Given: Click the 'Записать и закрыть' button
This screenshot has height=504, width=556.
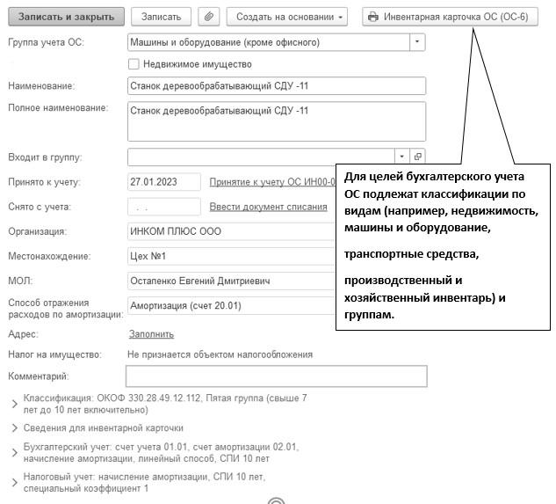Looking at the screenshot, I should point(66,17).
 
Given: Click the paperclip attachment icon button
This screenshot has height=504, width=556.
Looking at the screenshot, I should point(209,17).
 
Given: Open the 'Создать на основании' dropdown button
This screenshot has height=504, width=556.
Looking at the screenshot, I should point(286,17).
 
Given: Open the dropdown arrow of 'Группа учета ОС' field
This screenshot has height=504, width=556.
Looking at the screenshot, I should point(416,41).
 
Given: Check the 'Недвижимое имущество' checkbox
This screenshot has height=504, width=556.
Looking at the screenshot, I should point(134,63).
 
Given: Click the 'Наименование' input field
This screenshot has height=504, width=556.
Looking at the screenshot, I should point(276,85).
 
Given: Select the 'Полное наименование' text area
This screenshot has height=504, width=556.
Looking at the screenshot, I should point(276,121).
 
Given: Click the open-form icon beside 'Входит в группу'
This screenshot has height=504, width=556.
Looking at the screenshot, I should point(418,157).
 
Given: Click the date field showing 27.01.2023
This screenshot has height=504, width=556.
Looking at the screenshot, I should point(163,182).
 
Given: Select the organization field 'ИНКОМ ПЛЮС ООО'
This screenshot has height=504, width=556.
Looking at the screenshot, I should point(228,231).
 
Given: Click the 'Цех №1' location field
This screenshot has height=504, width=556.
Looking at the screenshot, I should point(228,256).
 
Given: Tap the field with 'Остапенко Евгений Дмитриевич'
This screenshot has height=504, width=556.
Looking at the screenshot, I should point(228,281).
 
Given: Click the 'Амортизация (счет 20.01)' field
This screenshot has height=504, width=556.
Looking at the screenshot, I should point(228,305).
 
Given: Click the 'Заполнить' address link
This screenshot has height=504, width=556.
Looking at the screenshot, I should point(151,334).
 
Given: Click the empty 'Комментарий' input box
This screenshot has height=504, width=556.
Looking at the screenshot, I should point(276,376).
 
